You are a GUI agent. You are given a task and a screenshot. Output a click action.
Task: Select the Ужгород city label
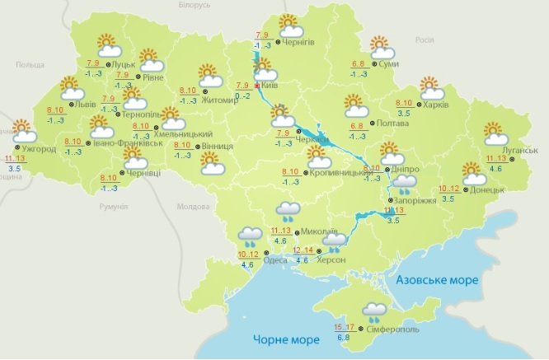(39, 149)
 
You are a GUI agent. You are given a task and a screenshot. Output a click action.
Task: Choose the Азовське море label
(437, 280)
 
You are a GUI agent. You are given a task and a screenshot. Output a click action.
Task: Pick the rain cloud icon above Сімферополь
(375, 311)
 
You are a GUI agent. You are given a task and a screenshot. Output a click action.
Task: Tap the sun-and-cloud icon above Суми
(380, 46)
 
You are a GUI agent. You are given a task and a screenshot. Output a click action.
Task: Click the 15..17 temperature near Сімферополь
(346, 326)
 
